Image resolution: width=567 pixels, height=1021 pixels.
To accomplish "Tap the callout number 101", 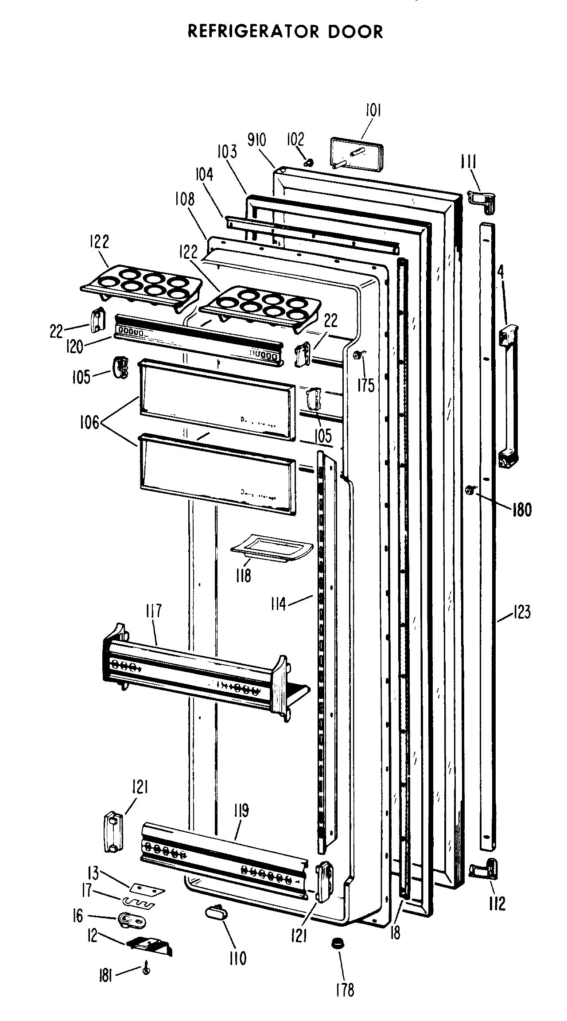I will coord(373,110).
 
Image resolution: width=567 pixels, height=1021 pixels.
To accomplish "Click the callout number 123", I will coord(521,613).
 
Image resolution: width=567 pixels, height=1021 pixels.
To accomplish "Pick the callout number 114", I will coord(279,604).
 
